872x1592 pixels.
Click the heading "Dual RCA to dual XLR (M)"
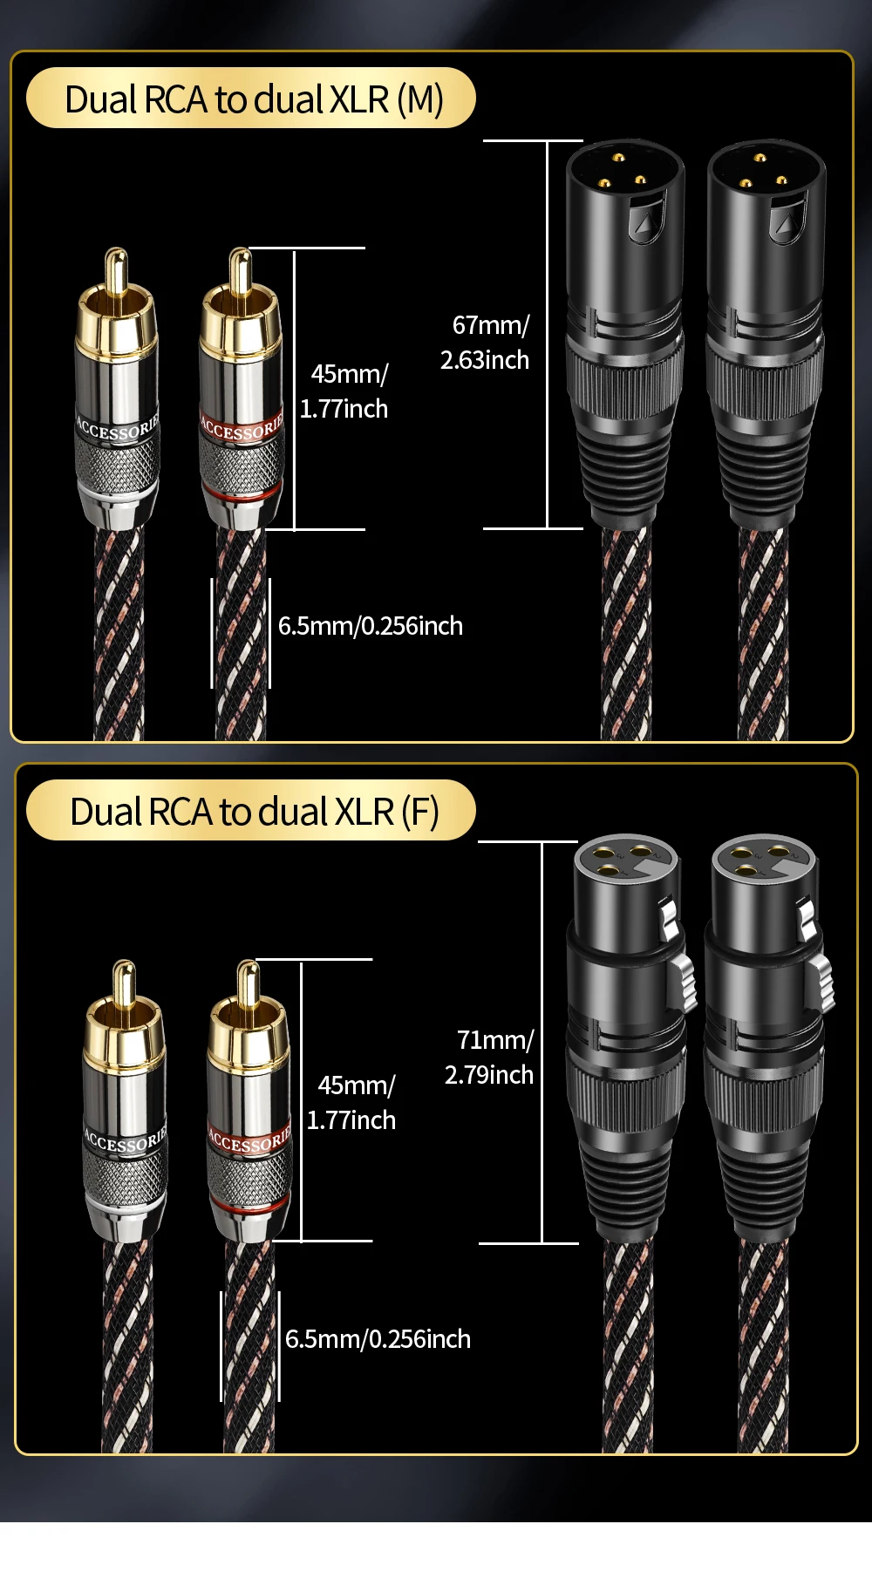pyautogui.click(x=253, y=99)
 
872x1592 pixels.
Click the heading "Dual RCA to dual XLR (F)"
pyautogui.click(x=253, y=812)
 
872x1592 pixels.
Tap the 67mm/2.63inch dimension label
pyautogui.click(x=486, y=342)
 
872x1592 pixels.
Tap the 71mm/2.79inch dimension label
pyautogui.click(x=490, y=1057)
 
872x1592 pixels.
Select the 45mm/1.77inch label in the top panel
pyautogui.click(x=345, y=391)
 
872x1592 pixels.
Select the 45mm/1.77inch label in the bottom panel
pyautogui.click(x=352, y=1102)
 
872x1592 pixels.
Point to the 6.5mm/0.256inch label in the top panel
pyautogui.click(x=370, y=626)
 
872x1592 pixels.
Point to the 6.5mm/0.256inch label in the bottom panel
pyautogui.click(x=378, y=1338)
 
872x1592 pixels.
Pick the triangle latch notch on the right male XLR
pyautogui.click(x=787, y=221)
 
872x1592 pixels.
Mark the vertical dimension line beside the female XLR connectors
pyautogui.click(x=542, y=1042)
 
